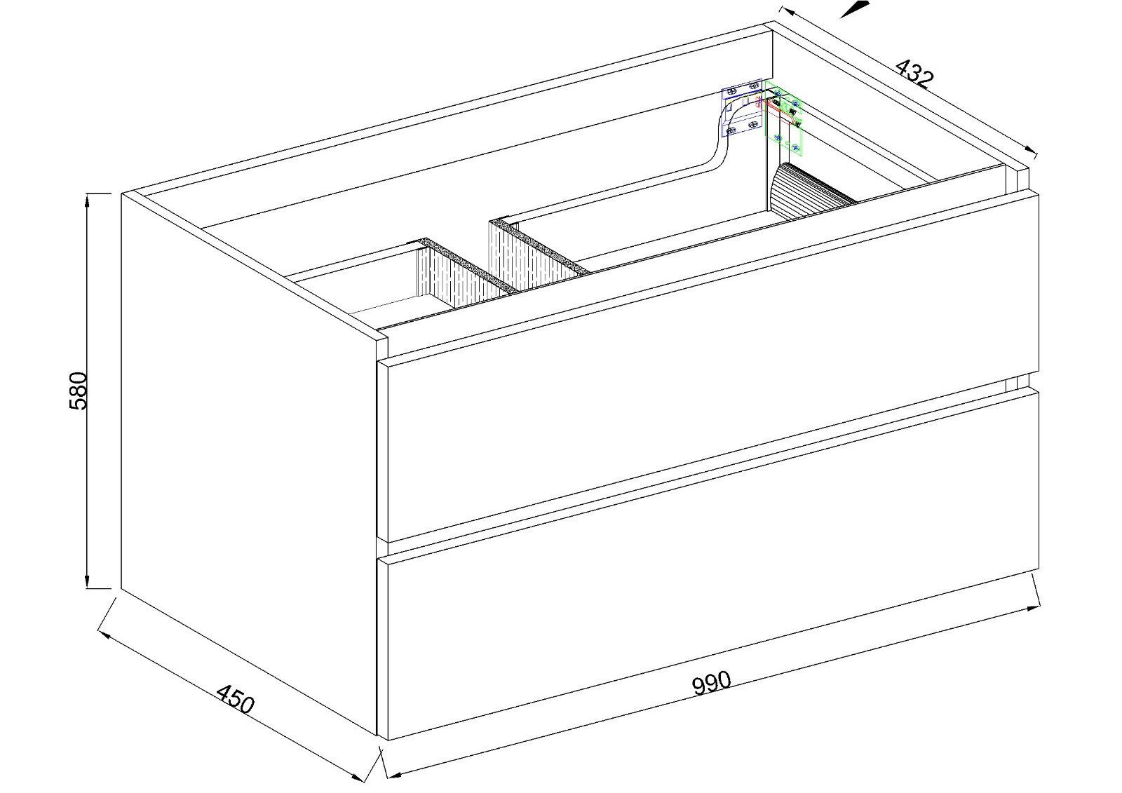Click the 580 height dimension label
78,391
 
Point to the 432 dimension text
914,74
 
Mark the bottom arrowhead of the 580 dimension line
87,582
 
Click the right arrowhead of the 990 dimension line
1033,608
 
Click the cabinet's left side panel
249,463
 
